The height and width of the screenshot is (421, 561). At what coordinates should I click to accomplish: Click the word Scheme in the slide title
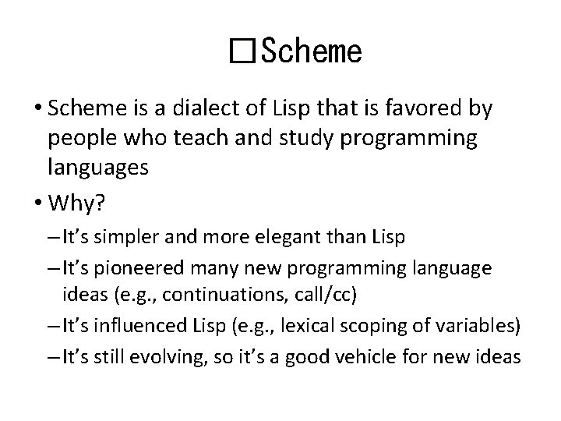[x=312, y=52]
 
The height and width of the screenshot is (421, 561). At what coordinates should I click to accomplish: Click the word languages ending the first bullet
[x=97, y=168]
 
